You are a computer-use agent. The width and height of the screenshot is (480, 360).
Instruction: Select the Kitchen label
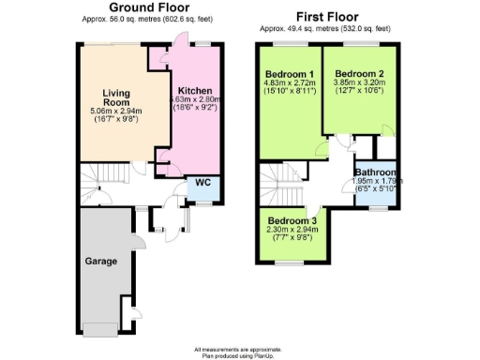[193, 91]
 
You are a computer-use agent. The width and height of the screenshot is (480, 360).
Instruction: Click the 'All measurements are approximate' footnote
[240, 349]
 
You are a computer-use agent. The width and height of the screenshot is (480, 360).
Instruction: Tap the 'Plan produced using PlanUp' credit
[240, 355]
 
